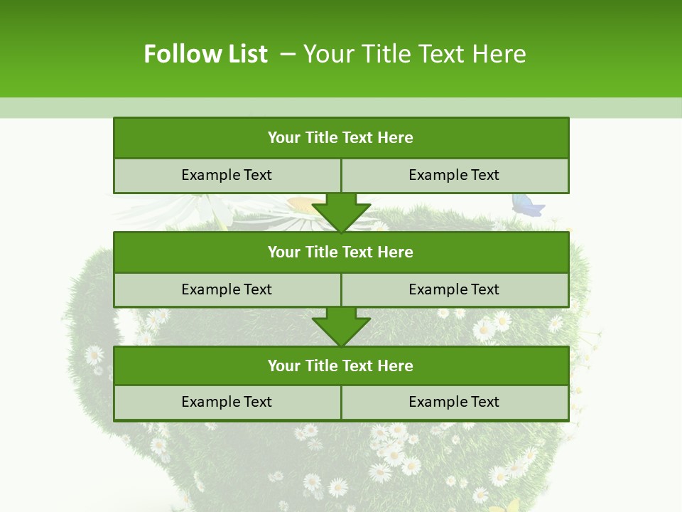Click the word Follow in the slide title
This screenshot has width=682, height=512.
175,54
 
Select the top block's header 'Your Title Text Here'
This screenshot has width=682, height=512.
340,138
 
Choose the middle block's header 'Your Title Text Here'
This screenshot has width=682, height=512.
340,252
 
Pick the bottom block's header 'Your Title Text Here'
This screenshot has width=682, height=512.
340,366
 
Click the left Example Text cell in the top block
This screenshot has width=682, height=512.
227,175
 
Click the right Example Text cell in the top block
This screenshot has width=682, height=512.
454,175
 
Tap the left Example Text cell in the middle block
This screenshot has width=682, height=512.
227,289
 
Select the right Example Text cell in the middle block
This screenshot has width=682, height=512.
454,289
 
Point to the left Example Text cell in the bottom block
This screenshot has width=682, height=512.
227,402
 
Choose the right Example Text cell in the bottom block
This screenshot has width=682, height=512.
454,402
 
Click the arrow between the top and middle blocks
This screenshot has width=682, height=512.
341,213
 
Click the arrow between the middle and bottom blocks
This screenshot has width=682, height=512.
341,326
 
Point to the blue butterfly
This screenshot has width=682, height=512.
527,205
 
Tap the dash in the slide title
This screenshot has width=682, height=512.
288,54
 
